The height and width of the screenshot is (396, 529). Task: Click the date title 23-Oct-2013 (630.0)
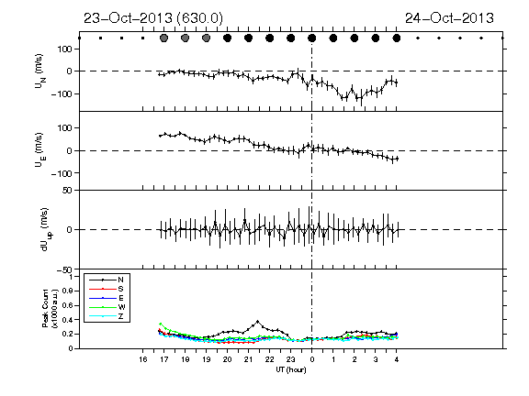153,18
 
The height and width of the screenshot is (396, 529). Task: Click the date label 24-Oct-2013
449,18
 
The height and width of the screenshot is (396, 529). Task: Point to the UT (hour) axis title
291,369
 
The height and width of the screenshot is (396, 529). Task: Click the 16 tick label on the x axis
142,359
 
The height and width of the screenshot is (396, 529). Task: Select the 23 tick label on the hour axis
291,359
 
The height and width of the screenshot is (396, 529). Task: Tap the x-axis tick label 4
397,359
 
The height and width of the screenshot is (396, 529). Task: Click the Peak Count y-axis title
50,308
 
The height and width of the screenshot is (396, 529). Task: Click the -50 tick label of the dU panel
65,269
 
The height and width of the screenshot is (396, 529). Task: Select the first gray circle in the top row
164,38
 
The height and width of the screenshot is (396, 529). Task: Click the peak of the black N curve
258,321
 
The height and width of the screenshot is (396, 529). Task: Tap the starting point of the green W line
160,324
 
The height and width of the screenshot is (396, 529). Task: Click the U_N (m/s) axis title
40,71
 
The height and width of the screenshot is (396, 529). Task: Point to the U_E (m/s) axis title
40,150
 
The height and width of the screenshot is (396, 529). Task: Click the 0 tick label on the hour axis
312,359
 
